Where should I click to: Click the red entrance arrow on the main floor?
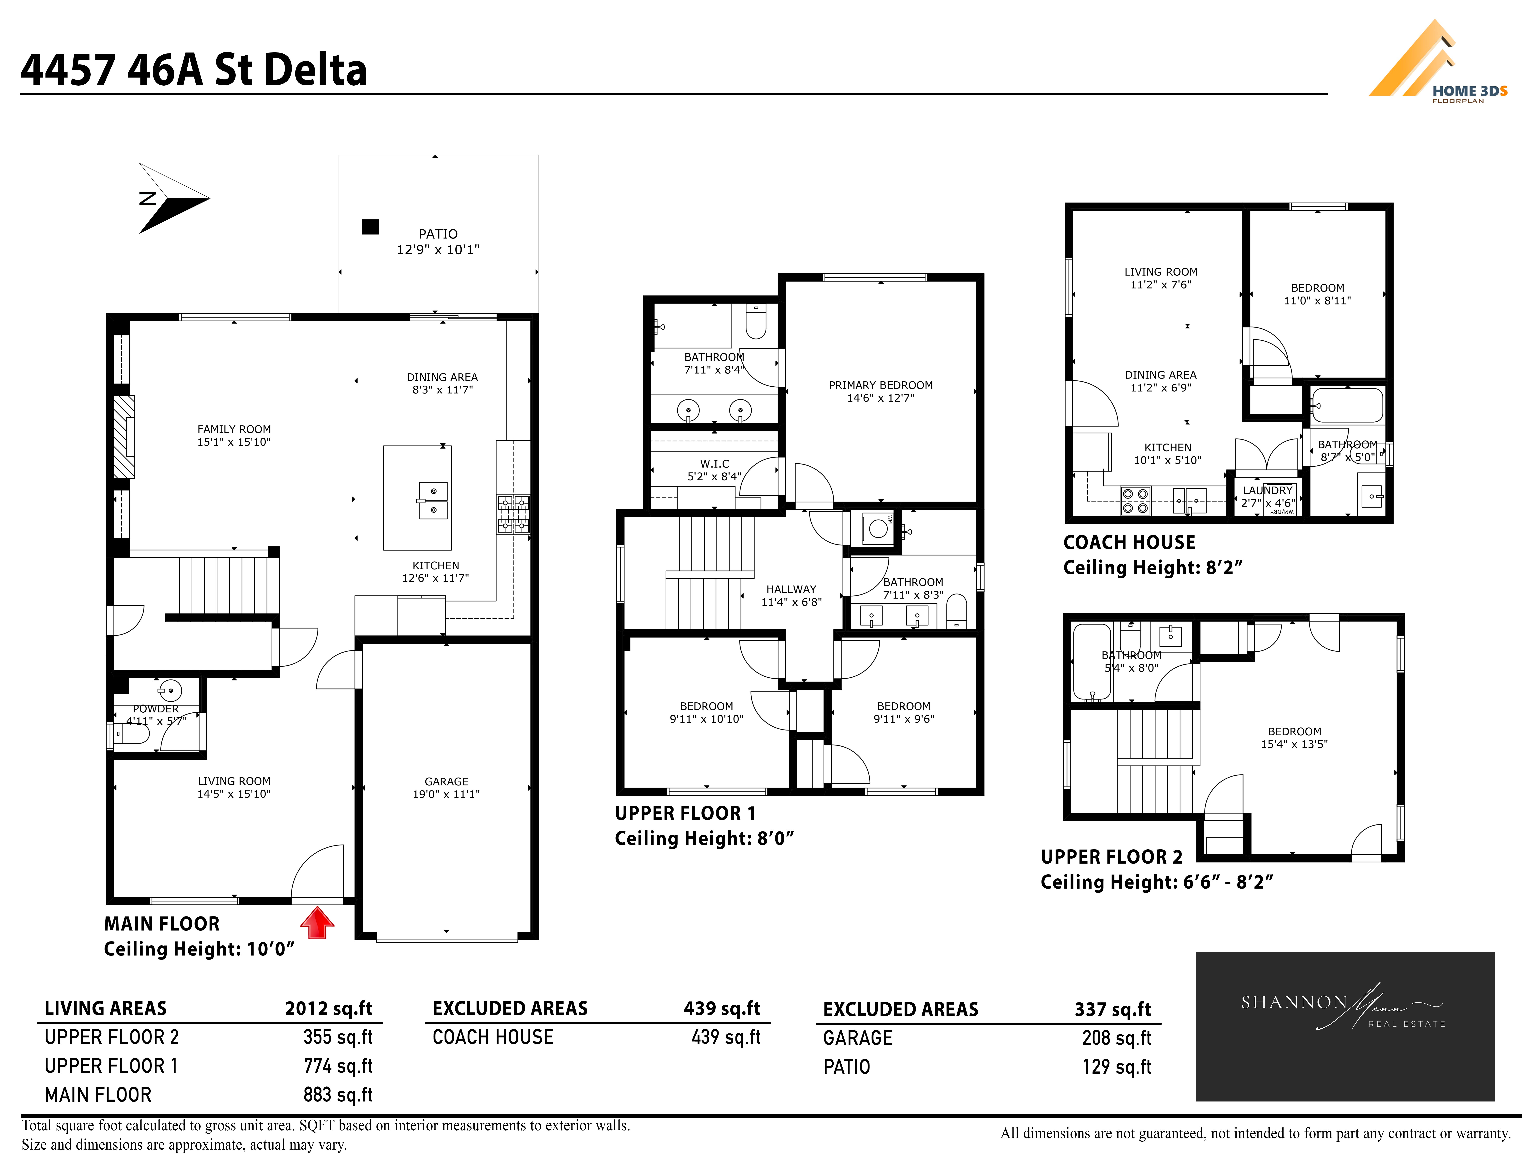[x=317, y=922]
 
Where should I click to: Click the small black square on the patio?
[x=370, y=227]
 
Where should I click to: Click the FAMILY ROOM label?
[x=234, y=429]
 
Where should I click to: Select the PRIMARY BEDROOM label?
[x=881, y=385]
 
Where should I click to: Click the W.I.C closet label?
[x=714, y=464]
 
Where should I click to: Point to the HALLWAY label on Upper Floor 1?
[x=791, y=589]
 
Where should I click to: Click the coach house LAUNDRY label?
[x=1268, y=490]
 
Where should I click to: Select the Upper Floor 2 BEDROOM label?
[x=1294, y=732]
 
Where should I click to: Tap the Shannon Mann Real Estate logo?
[x=1344, y=1026]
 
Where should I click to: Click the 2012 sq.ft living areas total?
[x=328, y=1009]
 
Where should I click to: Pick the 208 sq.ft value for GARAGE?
[x=1117, y=1038]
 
